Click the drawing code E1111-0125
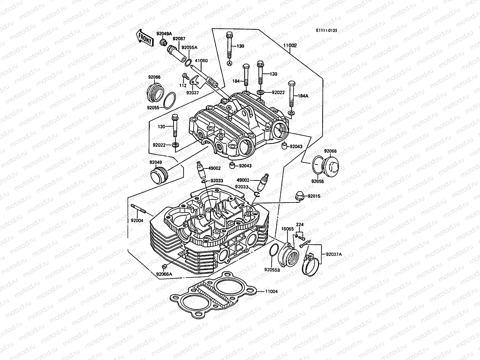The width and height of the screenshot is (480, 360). (326, 31)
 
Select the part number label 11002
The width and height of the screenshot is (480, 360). (290, 46)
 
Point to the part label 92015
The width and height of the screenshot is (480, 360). (313, 196)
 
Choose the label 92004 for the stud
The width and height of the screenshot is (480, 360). (137, 220)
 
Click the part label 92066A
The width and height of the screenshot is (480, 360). (164, 274)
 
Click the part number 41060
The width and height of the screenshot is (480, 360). (201, 61)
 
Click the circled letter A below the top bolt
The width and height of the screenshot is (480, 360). (229, 63)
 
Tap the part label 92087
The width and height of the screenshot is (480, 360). (179, 38)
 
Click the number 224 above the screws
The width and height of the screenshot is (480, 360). (299, 224)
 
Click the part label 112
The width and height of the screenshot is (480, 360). (183, 85)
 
